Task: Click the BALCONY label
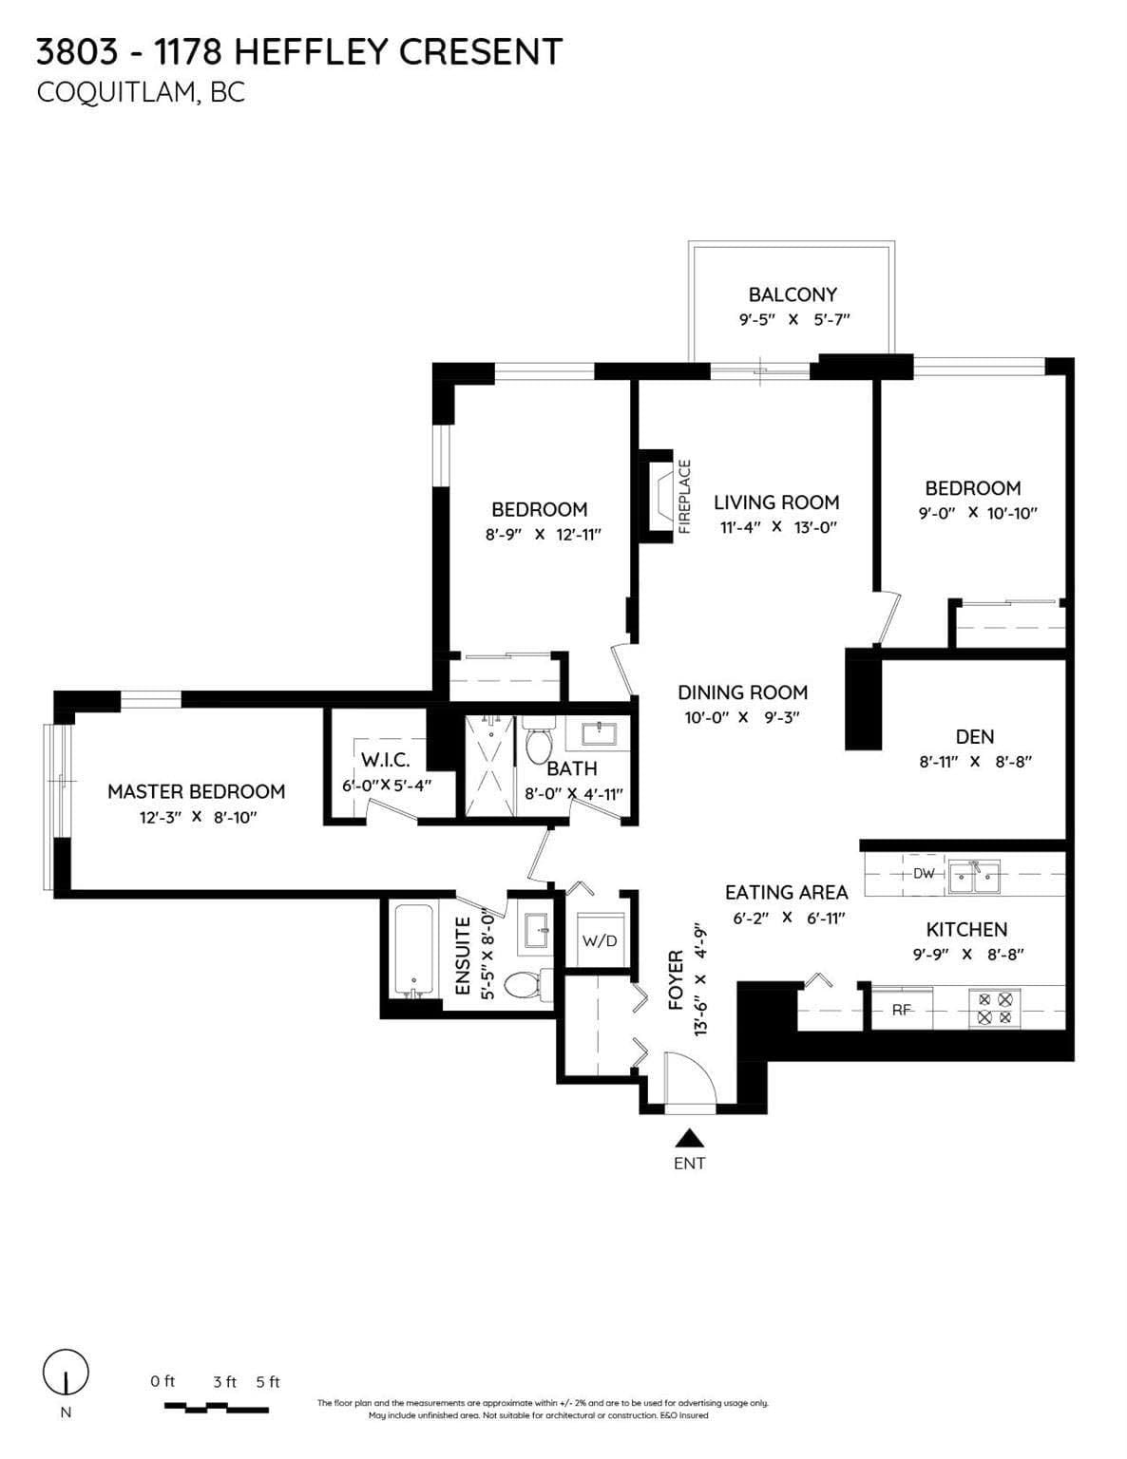(x=793, y=294)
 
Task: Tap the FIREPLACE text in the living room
(x=684, y=497)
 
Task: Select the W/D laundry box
(x=599, y=939)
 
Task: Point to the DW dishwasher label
(x=925, y=874)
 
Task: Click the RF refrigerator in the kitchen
(x=902, y=1009)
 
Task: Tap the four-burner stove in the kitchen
(x=995, y=1008)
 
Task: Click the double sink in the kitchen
(x=973, y=876)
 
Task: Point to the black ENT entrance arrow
(x=688, y=1137)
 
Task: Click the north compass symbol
(x=66, y=1372)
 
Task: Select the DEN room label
(x=975, y=736)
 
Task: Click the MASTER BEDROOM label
(x=196, y=791)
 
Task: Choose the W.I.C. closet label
(x=386, y=760)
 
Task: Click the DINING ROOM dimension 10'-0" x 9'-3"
(x=742, y=717)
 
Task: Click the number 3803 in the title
(x=77, y=51)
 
